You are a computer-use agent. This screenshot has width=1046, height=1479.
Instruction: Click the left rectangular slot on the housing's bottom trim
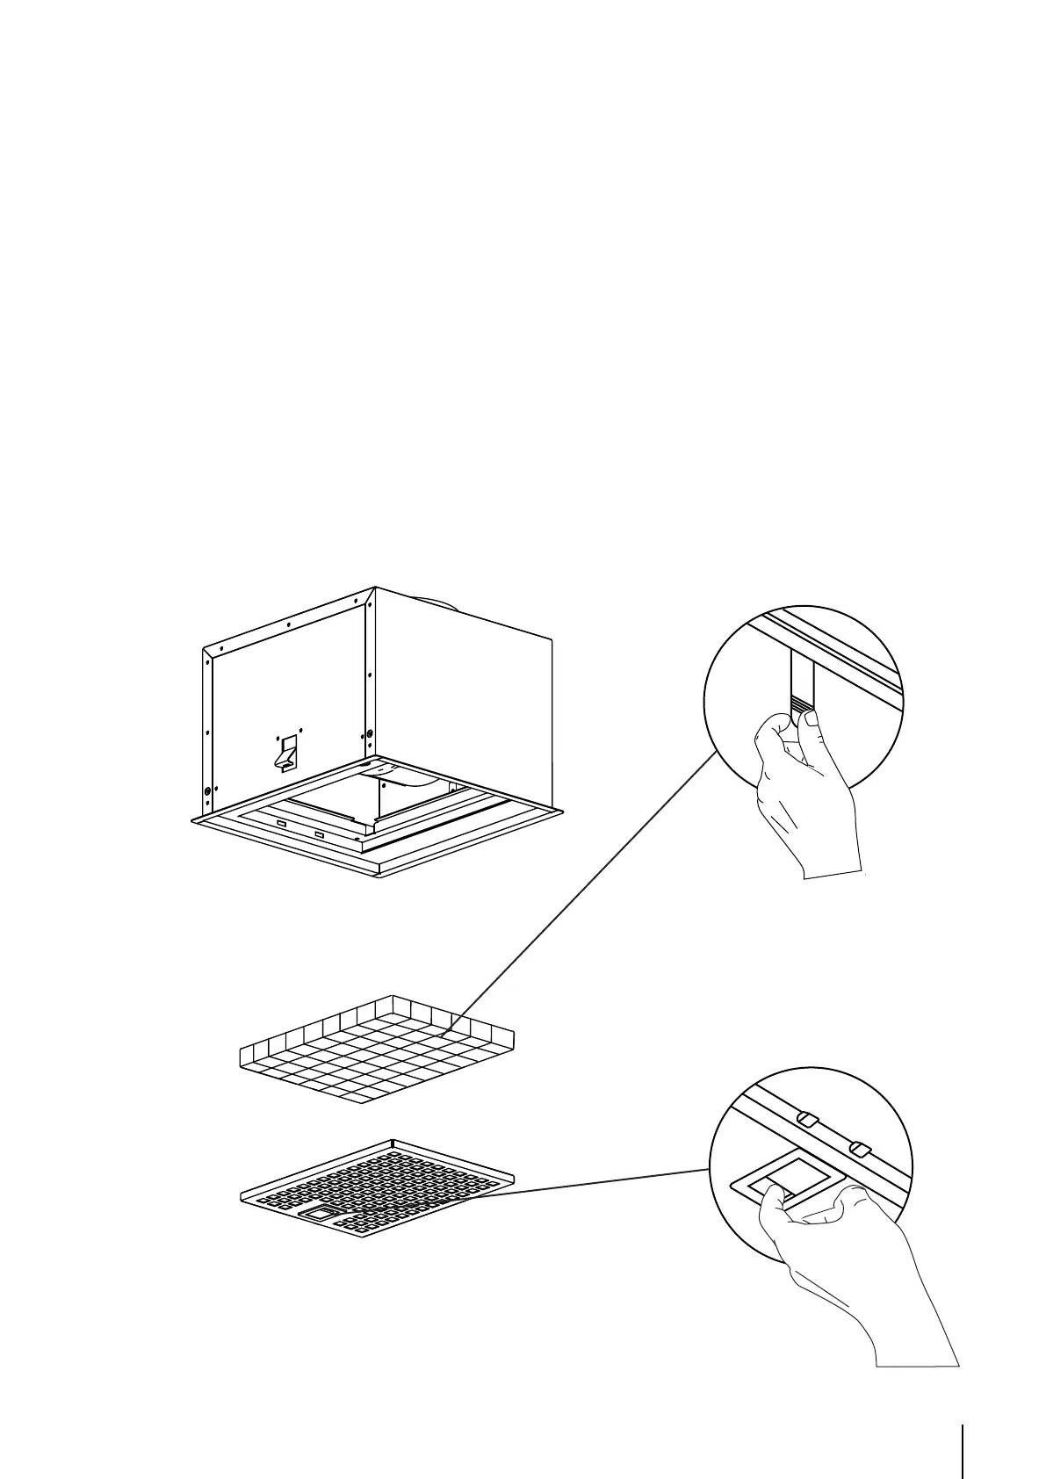point(282,823)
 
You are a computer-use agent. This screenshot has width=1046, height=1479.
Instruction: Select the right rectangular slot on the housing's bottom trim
point(319,833)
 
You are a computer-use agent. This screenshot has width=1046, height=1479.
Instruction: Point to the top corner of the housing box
point(375,587)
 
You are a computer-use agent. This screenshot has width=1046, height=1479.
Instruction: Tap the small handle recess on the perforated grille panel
point(319,1212)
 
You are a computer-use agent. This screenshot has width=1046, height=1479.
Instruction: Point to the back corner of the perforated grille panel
point(392,1142)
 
